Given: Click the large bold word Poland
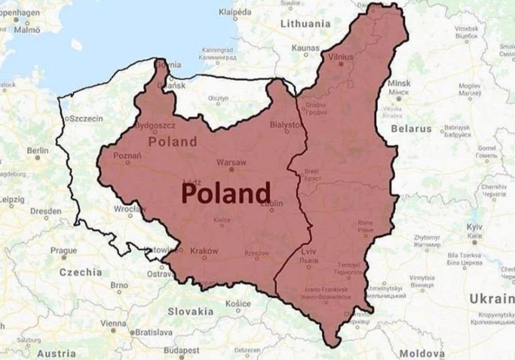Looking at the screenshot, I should point(226,193).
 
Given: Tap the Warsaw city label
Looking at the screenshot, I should point(231,162).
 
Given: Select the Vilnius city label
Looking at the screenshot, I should point(340,57).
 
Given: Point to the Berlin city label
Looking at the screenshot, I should point(38,150).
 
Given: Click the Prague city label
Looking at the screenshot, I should point(63,250).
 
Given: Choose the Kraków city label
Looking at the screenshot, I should point(204,251).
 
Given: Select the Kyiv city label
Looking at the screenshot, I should point(474,227).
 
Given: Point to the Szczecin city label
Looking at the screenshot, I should point(85,119).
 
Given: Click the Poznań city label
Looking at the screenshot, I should point(127,156).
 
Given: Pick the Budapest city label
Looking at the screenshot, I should point(182,350).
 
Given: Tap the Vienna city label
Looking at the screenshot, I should point(113,323).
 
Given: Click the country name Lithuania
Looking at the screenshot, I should point(305,24).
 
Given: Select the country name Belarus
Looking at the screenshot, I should point(411,129).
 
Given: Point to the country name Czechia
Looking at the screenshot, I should point(80,272).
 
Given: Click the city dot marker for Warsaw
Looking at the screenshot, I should point(231,170).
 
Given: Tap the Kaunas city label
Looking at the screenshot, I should point(305,48).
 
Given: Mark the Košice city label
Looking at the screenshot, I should point(238,304).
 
